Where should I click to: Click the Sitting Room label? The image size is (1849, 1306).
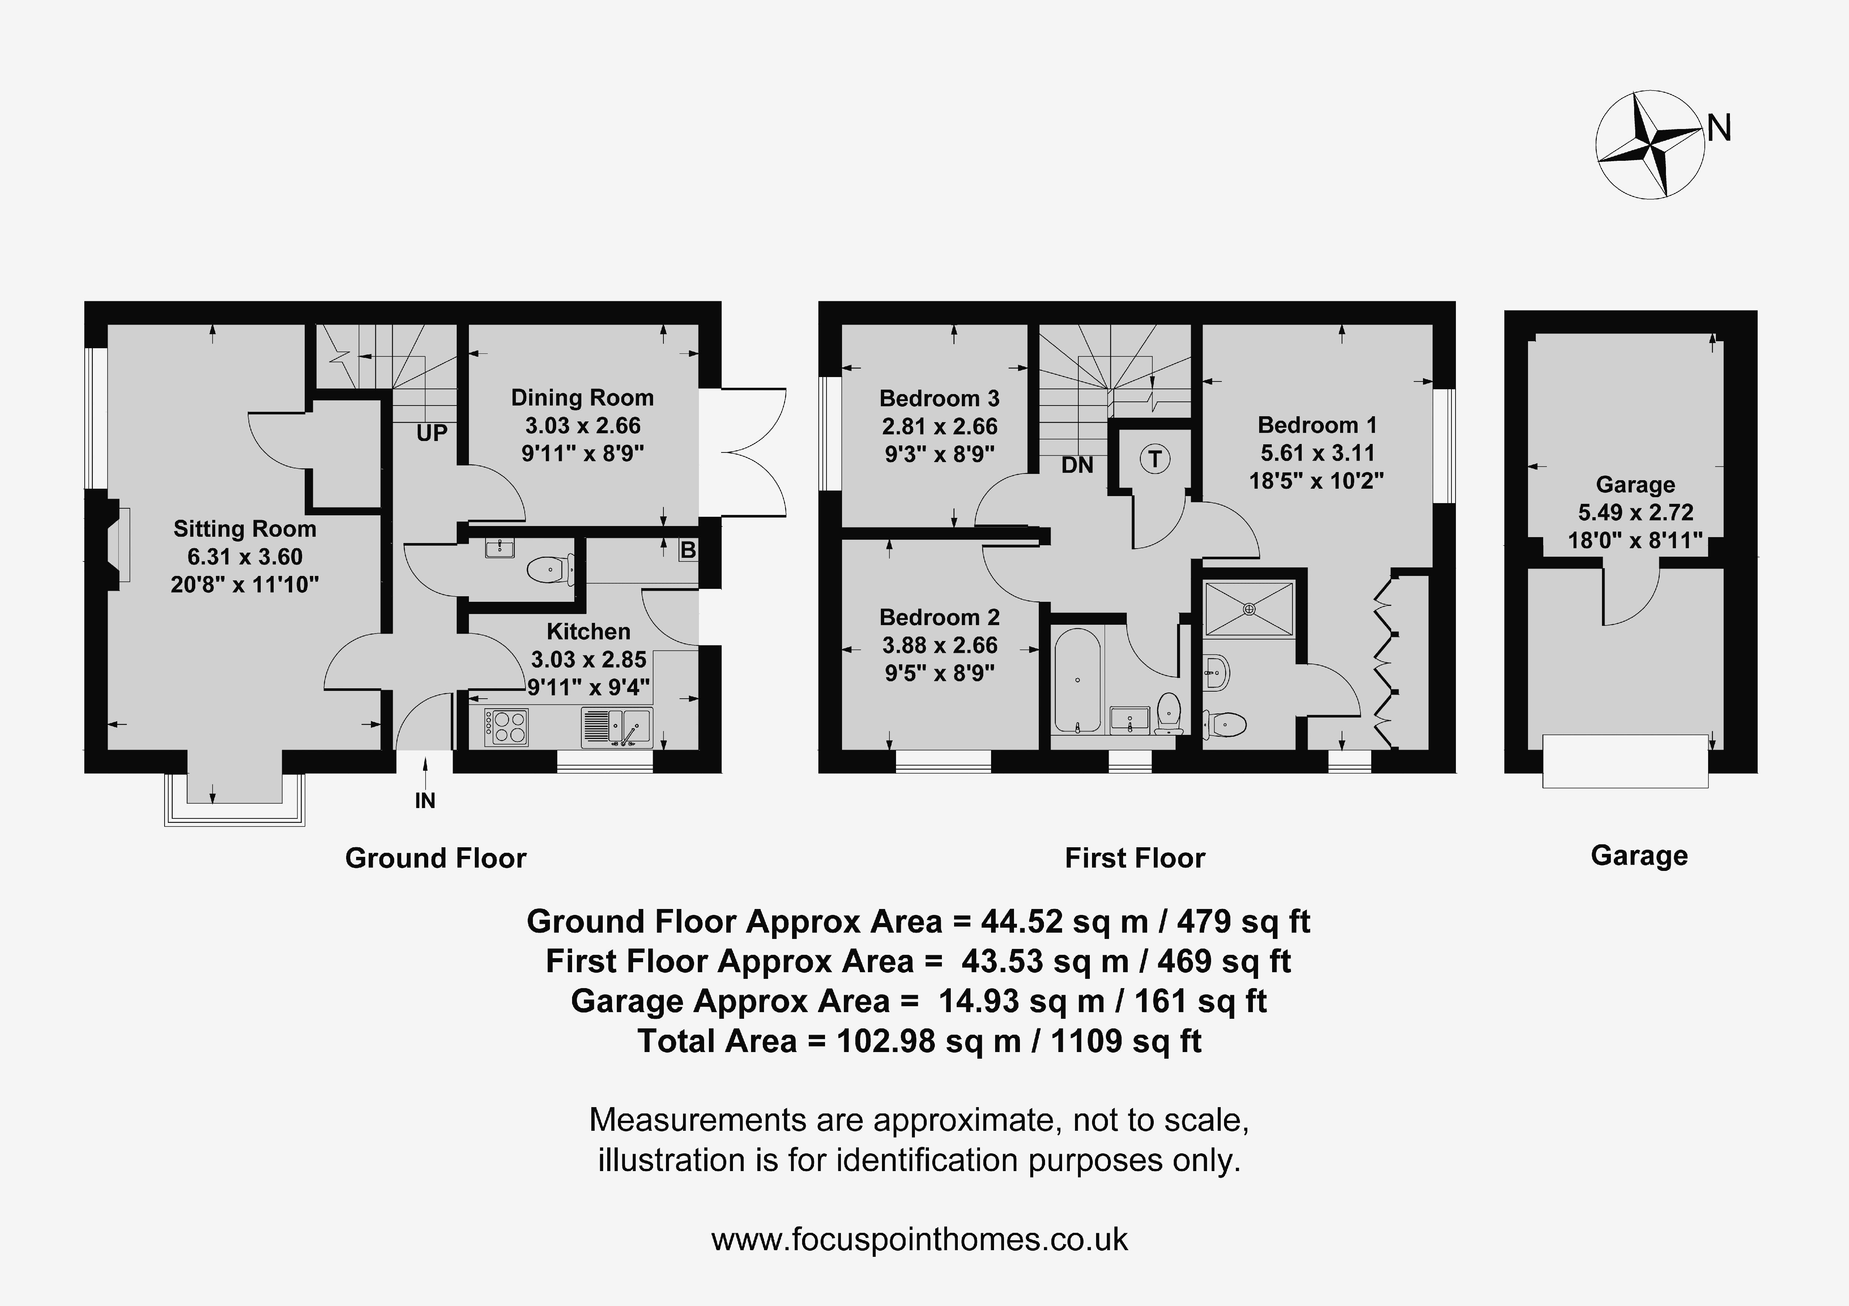(x=245, y=529)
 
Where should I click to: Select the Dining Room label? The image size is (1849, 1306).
(x=582, y=398)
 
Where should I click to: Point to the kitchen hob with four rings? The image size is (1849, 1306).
(x=506, y=726)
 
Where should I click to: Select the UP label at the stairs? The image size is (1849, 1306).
(x=432, y=433)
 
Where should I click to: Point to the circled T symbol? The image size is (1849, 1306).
(x=1155, y=459)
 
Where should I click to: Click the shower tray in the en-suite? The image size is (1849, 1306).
(x=1249, y=609)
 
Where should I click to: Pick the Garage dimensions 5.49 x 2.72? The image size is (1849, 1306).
(x=1636, y=512)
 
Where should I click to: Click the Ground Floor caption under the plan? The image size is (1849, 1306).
(x=436, y=858)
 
